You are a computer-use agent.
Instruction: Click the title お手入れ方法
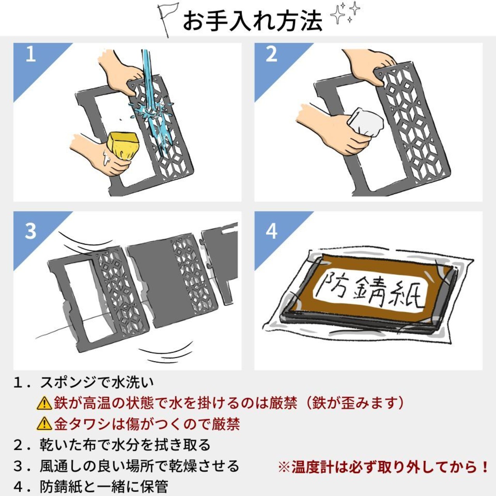point(252,21)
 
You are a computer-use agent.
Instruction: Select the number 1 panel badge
point(31,55)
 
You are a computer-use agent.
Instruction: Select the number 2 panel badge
point(271,55)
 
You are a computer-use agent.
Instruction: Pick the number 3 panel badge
point(31,231)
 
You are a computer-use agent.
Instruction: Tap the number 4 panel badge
point(271,231)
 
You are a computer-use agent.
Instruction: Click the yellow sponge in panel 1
point(123,146)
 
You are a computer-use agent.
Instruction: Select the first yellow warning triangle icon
point(44,403)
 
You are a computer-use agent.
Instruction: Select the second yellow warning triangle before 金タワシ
point(44,424)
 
